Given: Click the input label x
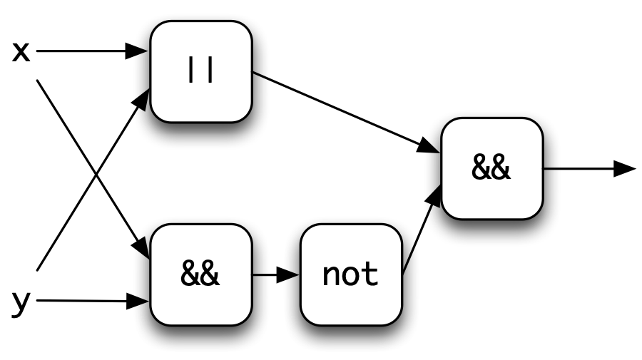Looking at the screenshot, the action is point(21,52).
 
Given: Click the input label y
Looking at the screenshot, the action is point(21,303).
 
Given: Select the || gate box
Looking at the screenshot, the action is point(201,71).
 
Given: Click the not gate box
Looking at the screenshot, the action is point(351,275).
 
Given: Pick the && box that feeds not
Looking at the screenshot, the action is point(201,275).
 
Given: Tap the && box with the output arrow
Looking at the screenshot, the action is point(492,168).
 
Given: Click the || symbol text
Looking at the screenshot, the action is point(200,71).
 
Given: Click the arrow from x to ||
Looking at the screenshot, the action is point(93,51).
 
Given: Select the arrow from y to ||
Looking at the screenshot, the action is point(93,179).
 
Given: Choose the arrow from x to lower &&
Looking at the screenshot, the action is point(93,170).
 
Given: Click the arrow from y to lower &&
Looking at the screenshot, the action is point(93,301).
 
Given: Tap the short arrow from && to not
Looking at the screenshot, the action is point(276,275).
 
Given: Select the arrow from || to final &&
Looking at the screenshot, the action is point(347,113).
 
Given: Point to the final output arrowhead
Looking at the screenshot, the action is point(625,168).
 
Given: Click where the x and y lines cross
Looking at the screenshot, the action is point(96,174).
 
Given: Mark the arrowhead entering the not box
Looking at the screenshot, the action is point(288,275).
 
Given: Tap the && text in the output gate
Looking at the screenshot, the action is point(491,168).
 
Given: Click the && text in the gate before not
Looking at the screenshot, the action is point(200,273).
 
